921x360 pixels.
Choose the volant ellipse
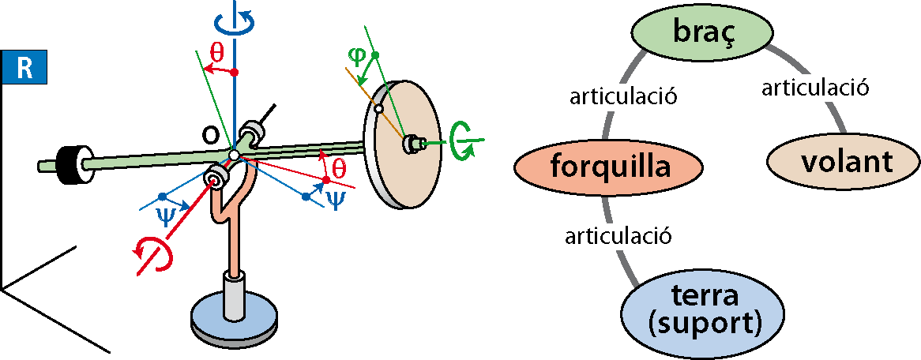(843, 162)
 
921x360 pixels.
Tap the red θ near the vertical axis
(217, 51)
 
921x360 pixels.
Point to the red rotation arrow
(155, 254)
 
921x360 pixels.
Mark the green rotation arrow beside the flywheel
(461, 141)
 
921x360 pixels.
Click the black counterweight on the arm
(69, 159)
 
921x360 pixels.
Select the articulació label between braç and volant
(814, 88)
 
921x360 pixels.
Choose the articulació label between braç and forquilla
(624, 96)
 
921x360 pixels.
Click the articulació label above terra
(618, 237)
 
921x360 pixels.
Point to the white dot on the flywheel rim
(379, 109)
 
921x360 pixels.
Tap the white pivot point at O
(235, 156)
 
